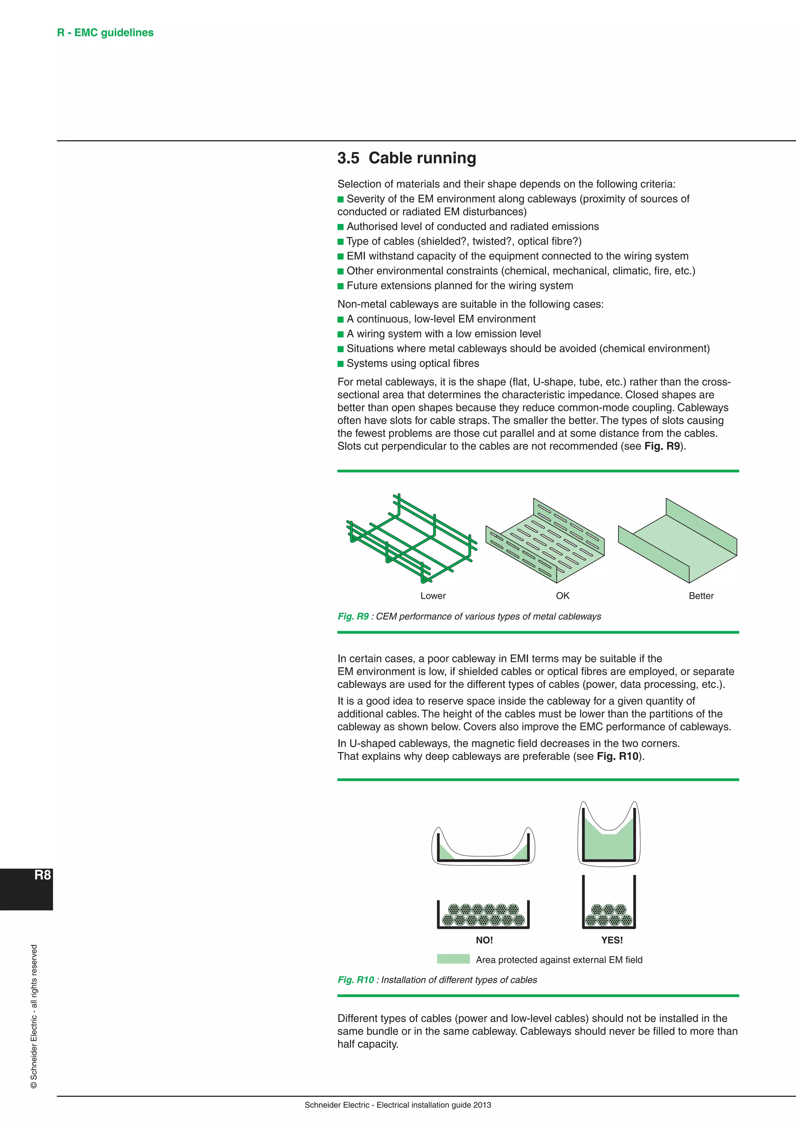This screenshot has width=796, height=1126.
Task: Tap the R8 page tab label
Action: click(x=43, y=875)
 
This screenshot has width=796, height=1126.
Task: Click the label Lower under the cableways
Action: click(x=433, y=596)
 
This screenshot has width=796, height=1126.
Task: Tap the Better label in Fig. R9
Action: click(x=701, y=596)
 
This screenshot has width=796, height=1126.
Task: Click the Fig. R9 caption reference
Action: click(x=353, y=616)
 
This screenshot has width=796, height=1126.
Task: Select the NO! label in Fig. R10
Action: click(x=484, y=940)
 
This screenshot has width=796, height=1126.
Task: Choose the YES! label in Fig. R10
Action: click(x=612, y=940)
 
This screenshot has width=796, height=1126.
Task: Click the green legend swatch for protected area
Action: click(x=453, y=959)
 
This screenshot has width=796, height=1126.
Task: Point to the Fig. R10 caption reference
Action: click(x=356, y=980)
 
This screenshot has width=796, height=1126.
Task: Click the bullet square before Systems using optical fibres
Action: click(x=340, y=364)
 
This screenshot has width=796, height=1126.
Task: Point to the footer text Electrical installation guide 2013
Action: click(x=433, y=1105)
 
